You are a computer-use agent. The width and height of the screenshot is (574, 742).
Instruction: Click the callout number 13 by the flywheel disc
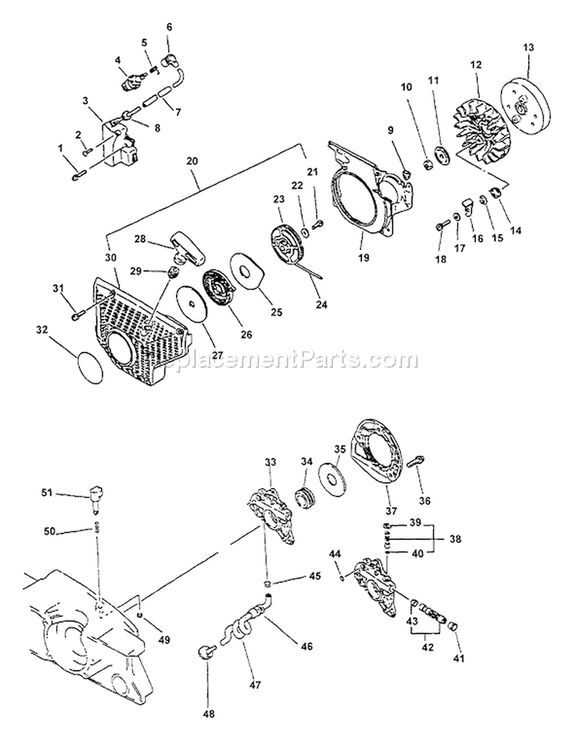click(x=528, y=48)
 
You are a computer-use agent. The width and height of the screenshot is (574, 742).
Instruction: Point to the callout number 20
click(x=191, y=161)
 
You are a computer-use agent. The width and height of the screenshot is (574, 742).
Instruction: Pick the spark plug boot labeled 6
click(x=171, y=57)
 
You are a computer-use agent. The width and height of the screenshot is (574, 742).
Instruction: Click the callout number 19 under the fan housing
click(x=363, y=258)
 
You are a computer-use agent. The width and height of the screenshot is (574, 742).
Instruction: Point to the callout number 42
click(x=427, y=646)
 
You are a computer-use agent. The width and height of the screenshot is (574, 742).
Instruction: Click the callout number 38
click(x=456, y=539)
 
